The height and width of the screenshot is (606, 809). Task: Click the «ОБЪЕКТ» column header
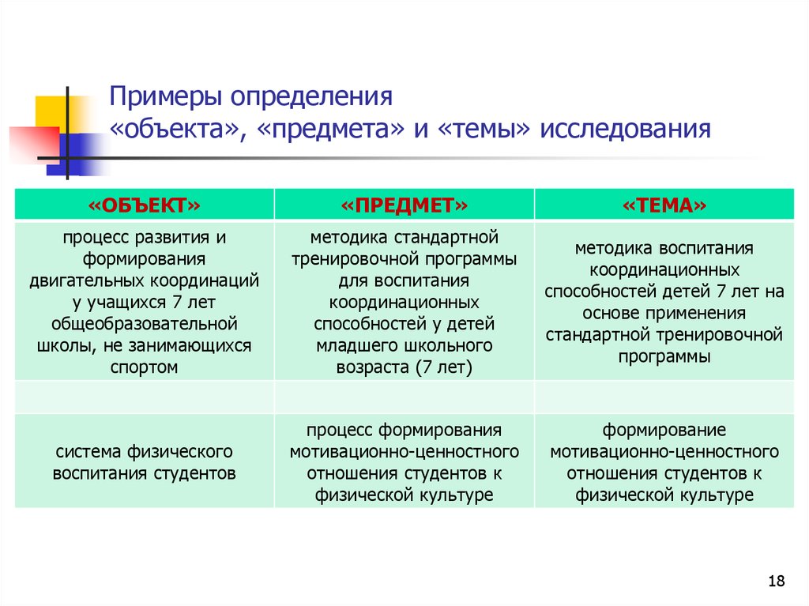point(144,205)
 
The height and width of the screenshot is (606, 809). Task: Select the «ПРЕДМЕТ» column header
point(404,205)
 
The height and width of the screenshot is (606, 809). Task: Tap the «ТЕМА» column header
point(664,205)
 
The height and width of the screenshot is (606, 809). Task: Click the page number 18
point(776,581)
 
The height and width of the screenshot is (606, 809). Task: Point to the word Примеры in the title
point(166,97)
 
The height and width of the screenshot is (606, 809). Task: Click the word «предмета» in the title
point(330,129)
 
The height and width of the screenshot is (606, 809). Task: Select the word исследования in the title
point(626,129)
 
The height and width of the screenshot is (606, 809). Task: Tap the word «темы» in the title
point(484,129)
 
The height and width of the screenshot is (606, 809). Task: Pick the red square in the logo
point(34,145)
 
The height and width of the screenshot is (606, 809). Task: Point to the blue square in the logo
point(77,154)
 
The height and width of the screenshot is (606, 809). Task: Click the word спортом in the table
point(144,367)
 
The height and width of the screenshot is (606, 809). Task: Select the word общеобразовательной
point(144,324)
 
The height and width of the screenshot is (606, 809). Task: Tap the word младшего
point(356,345)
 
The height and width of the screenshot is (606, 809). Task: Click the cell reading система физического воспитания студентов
point(144,462)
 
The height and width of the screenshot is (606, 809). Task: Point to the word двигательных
point(86,280)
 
